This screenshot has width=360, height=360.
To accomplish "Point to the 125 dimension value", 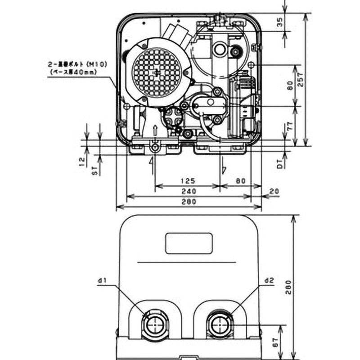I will coord(188,181).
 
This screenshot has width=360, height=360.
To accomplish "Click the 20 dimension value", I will coord(273,192).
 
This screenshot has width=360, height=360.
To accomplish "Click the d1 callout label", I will coord(101,281).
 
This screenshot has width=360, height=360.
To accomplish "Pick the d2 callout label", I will coord(270,281).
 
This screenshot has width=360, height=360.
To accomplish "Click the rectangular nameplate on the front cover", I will coord(189,244).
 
